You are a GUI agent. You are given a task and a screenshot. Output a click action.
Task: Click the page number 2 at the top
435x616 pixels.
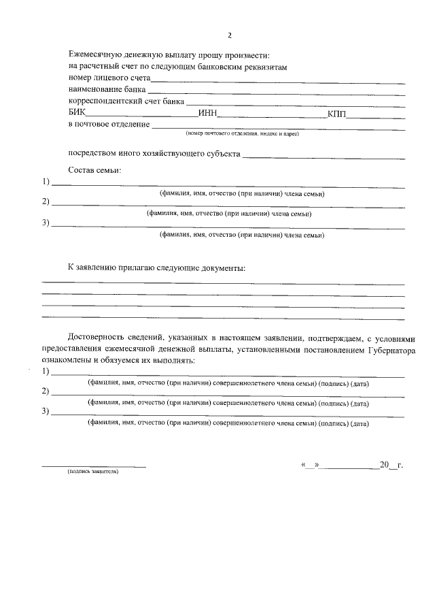[230, 35]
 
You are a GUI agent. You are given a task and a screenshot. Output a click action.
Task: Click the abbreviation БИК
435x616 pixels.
[78, 113]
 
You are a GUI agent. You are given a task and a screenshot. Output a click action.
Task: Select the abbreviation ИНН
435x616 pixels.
[207, 113]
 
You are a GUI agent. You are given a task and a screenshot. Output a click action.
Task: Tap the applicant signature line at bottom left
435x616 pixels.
[94, 466]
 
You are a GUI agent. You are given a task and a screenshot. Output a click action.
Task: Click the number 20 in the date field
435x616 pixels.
[384, 465]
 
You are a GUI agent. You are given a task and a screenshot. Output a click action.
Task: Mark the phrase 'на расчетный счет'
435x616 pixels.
[102, 67]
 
